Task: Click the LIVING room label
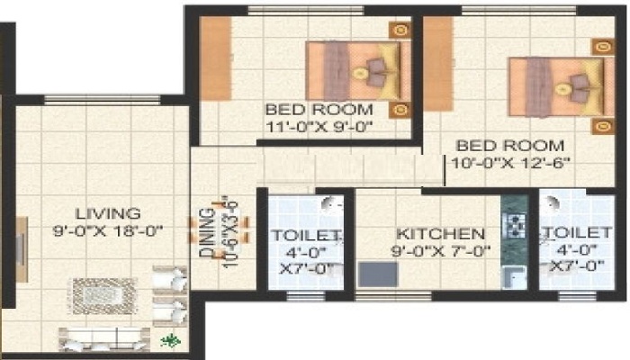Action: point(109,213)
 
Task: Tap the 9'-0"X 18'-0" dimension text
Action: point(108,231)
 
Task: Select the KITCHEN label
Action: point(441,234)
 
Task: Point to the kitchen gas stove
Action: point(514,226)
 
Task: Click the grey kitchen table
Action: point(378,274)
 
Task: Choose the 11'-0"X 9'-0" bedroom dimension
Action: point(319,127)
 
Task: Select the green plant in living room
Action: point(171,340)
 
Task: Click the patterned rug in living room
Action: point(103,296)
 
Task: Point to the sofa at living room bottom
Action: point(104,339)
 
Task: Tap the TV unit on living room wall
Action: point(22,249)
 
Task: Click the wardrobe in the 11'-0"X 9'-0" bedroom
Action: point(216,58)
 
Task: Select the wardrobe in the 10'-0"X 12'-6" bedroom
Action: point(438,64)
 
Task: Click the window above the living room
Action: point(102,101)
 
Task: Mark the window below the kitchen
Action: point(393,296)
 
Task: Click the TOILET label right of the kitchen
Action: point(577,232)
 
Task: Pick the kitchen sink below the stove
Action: point(514,277)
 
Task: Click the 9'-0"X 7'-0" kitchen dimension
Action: point(441,252)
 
